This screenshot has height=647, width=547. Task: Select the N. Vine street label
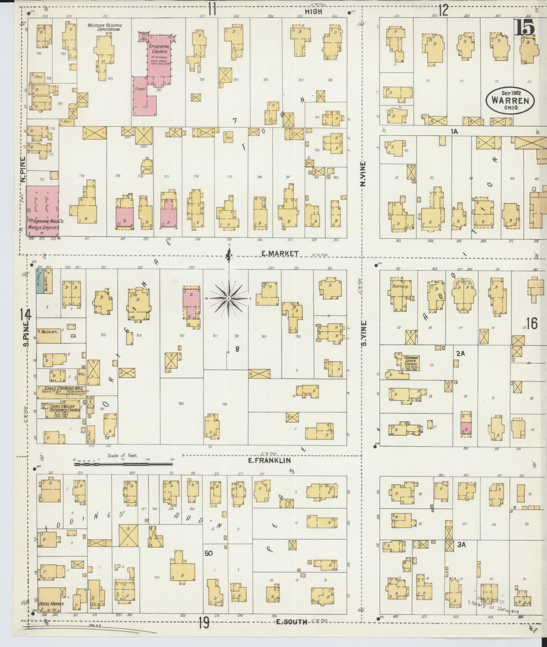pos(363,174)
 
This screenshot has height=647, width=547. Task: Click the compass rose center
pos(229,299)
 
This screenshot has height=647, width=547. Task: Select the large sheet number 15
pos(524,28)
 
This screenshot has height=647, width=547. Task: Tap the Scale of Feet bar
pos(123,463)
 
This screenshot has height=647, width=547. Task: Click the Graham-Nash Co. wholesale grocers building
pos(42,210)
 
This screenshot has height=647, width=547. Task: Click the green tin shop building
pos(39,281)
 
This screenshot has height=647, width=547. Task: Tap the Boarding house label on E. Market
pos(400,286)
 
